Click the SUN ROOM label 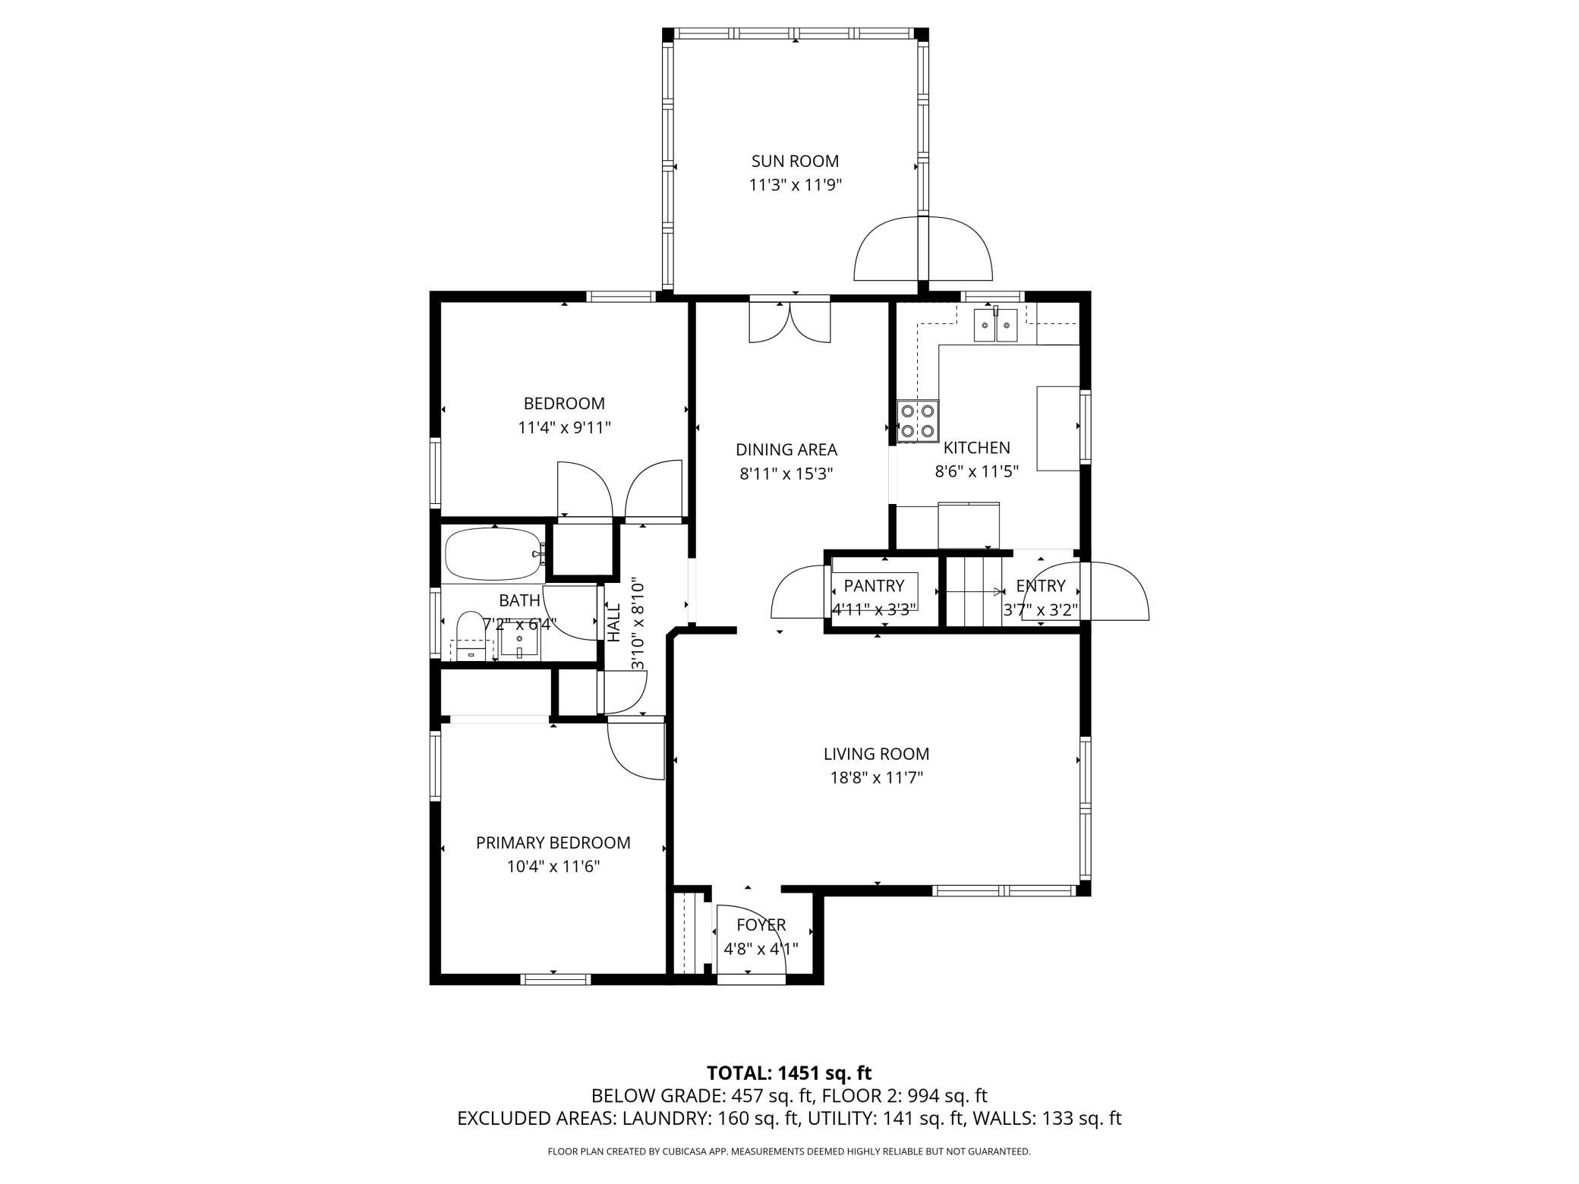coord(795,161)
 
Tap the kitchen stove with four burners coord(917,421)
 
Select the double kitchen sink coord(995,326)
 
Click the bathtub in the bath coord(494,554)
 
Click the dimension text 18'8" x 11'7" coord(877,777)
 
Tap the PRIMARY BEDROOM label coord(553,842)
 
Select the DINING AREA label coord(786,449)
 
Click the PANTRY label coord(874,586)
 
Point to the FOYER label coord(761,925)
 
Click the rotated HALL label coord(614,622)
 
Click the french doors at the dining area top coord(789,322)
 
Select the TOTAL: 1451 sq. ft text coord(789,1073)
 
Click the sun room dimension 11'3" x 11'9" coord(795,184)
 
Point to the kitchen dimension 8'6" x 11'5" coord(975,471)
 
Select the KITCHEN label coord(976,448)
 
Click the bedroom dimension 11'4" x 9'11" coord(564,427)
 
